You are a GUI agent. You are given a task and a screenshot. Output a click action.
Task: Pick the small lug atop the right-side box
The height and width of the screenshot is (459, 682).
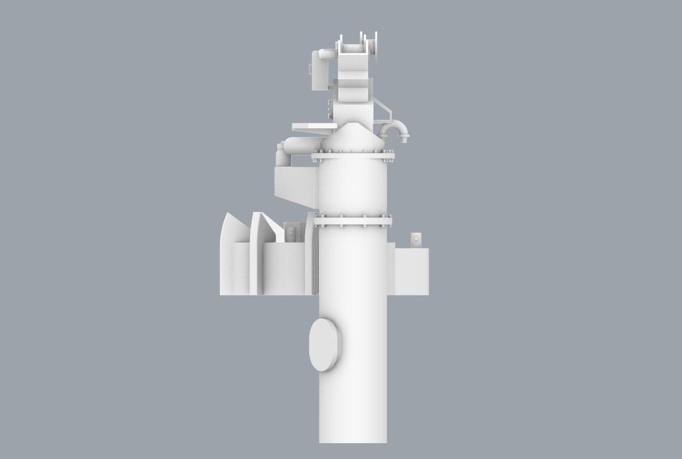point(416,240)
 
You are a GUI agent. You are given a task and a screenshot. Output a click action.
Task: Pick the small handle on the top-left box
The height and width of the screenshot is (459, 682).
point(309,68)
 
